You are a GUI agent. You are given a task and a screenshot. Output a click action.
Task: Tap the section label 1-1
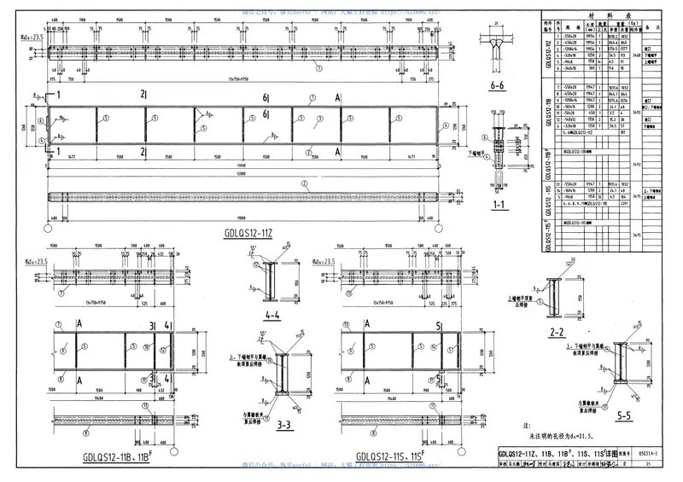click(x=499, y=206)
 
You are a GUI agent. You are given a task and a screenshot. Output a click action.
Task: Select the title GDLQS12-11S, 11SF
click(x=391, y=457)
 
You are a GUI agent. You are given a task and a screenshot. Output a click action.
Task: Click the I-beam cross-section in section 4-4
click(x=270, y=282)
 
